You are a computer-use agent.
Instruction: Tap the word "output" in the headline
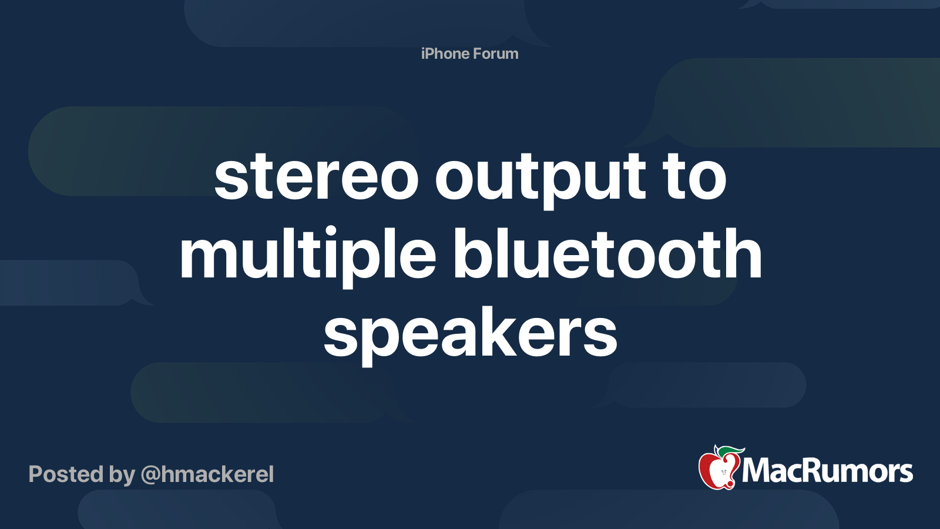540,180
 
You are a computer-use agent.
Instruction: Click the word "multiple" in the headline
308,257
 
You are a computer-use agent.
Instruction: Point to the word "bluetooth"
607,253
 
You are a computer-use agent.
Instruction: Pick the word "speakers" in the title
470,334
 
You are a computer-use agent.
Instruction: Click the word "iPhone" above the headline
445,53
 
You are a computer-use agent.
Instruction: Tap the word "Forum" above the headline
496,53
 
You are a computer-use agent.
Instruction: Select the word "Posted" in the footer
66,474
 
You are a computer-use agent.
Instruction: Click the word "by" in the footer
122,476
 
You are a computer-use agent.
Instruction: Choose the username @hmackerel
207,475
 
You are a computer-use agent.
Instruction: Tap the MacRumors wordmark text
827,471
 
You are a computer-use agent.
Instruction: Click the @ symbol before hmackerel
150,475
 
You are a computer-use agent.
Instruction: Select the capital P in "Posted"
36,474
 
